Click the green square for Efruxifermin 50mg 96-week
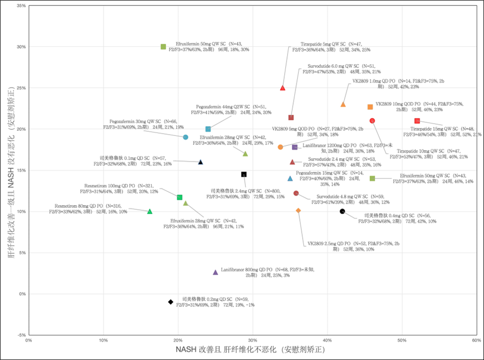pyautogui.click(x=163, y=47)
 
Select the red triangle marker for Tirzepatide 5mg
pyautogui.click(x=283, y=88)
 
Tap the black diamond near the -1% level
pyautogui.click(x=171, y=302)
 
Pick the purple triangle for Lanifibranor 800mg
pyautogui.click(x=215, y=272)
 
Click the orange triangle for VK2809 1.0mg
pyautogui.click(x=343, y=105)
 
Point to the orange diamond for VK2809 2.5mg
pyautogui.click(x=298, y=210)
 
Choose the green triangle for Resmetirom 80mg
pyautogui.click(x=149, y=211)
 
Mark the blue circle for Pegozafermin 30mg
pyautogui.click(x=185, y=137)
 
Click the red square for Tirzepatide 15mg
pyautogui.click(x=417, y=121)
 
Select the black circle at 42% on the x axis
pyautogui.click(x=342, y=211)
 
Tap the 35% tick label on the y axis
pyautogui.click(x=21, y=6)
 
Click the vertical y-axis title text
pyautogui.click(x=10, y=168)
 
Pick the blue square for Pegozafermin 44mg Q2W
pyautogui.click(x=208, y=129)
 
